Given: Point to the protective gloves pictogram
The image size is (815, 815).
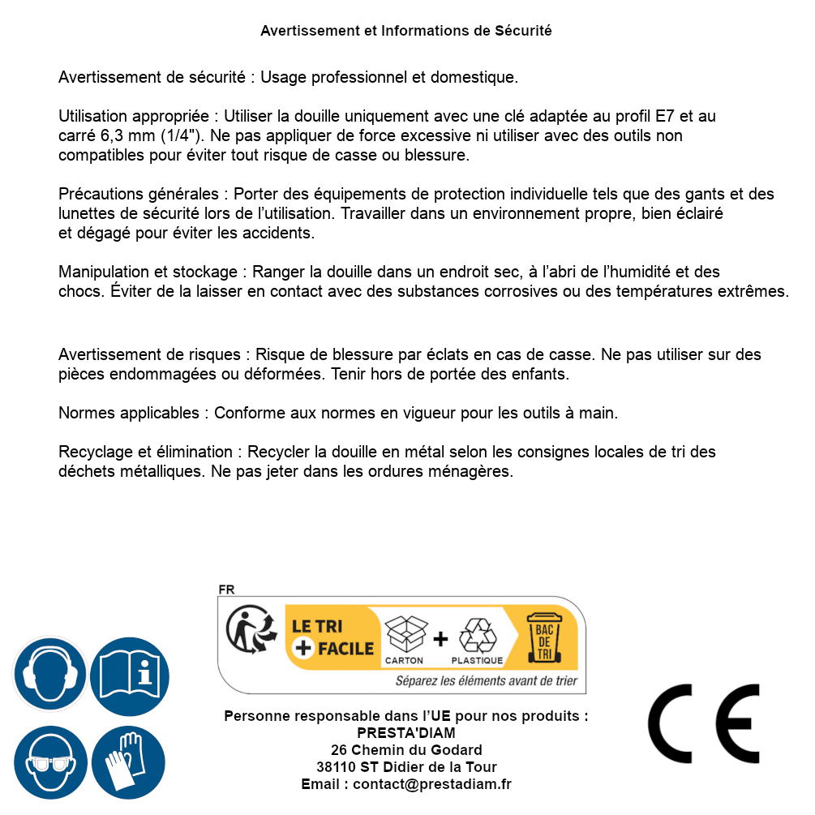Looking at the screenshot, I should point(130,763).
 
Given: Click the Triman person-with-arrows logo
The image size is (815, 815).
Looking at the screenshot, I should point(247,630).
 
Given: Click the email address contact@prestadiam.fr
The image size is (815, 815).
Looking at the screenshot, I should point(431,784).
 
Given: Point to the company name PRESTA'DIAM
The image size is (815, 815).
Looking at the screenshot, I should point(406,733).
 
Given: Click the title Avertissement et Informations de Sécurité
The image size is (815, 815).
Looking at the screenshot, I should point(405,31).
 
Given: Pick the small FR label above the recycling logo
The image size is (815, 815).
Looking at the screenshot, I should point(226,590).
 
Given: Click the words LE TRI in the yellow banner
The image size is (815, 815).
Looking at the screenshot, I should point(317,627).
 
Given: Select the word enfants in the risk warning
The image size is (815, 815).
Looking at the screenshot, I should point(545,374).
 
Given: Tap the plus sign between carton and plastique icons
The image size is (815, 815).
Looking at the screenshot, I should point(440,638).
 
